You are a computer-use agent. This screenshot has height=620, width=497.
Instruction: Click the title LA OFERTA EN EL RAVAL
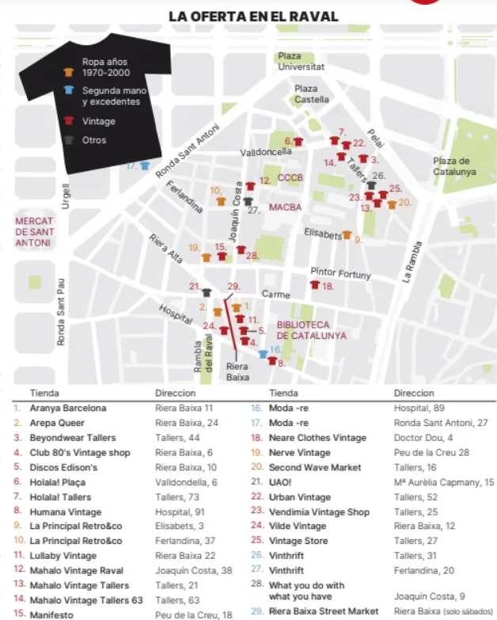(x=253, y=16)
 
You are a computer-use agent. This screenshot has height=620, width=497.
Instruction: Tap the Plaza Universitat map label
(x=301, y=61)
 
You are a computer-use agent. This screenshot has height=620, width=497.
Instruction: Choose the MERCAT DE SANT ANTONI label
(x=33, y=232)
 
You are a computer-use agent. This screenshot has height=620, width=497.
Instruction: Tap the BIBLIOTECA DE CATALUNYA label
(x=311, y=330)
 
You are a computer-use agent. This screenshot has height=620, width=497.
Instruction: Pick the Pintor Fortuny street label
(x=340, y=274)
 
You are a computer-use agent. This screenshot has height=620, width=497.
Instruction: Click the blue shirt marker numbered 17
(x=145, y=166)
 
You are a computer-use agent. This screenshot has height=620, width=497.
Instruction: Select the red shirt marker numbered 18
(x=314, y=285)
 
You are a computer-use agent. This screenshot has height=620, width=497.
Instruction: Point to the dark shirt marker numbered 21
(x=207, y=292)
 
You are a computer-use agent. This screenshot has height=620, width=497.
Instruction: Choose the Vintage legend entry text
(x=98, y=121)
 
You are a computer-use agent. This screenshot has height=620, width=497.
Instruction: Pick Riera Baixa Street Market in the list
(x=324, y=611)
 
